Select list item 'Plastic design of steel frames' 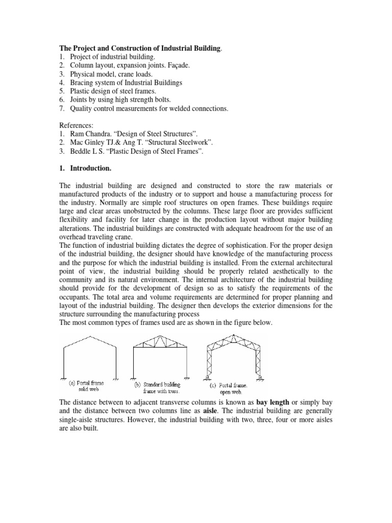click(113, 91)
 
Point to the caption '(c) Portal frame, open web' click(234, 385)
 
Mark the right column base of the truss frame click(187, 377)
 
